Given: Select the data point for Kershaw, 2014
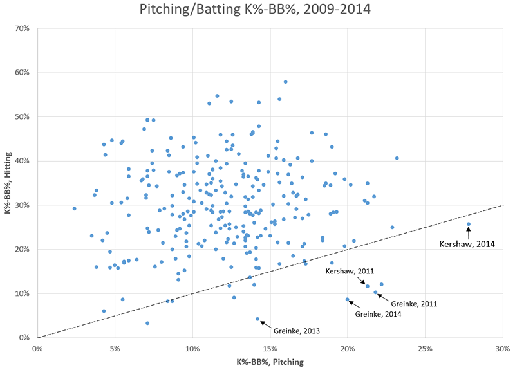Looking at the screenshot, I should pyautogui.click(x=469, y=224).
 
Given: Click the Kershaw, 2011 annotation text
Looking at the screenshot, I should pyautogui.click(x=349, y=272).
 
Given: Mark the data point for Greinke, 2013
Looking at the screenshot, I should pyautogui.click(x=257, y=319).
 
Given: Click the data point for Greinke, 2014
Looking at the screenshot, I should pyautogui.click(x=348, y=299).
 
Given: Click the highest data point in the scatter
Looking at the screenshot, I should pyautogui.click(x=285, y=82).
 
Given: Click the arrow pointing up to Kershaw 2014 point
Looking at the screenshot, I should pyautogui.click(x=469, y=232).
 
